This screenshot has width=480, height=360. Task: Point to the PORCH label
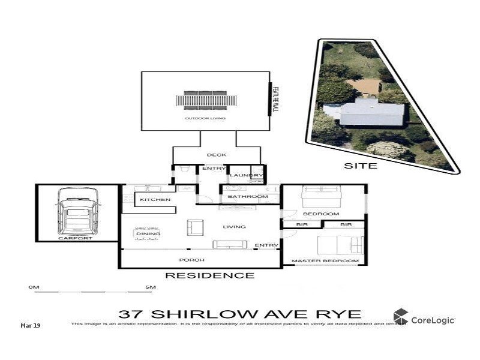192,260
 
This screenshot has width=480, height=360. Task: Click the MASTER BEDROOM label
325,261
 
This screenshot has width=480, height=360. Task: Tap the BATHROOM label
247,197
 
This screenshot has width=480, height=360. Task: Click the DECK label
217,155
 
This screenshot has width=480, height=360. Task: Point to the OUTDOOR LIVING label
199,119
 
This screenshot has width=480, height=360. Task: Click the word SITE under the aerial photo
360,165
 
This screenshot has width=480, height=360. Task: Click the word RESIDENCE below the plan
209,276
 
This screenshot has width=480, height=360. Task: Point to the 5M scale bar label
150,288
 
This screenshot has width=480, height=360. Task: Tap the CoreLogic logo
424,318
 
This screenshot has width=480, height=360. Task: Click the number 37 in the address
131,314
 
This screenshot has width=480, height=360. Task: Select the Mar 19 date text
30,326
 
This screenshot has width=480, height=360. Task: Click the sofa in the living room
230,245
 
